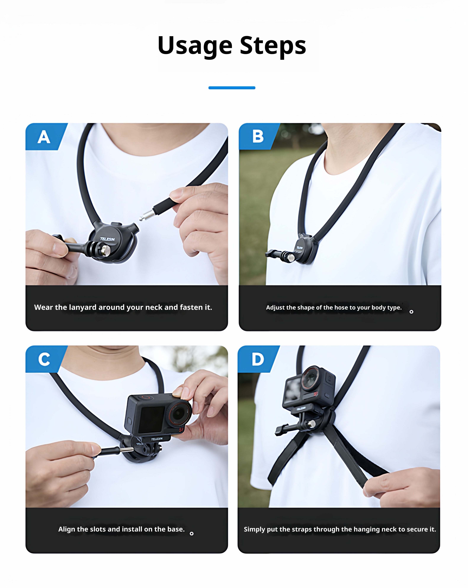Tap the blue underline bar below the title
click(232, 88)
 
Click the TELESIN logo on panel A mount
click(107, 239)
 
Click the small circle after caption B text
click(411, 312)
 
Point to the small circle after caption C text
click(192, 533)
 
